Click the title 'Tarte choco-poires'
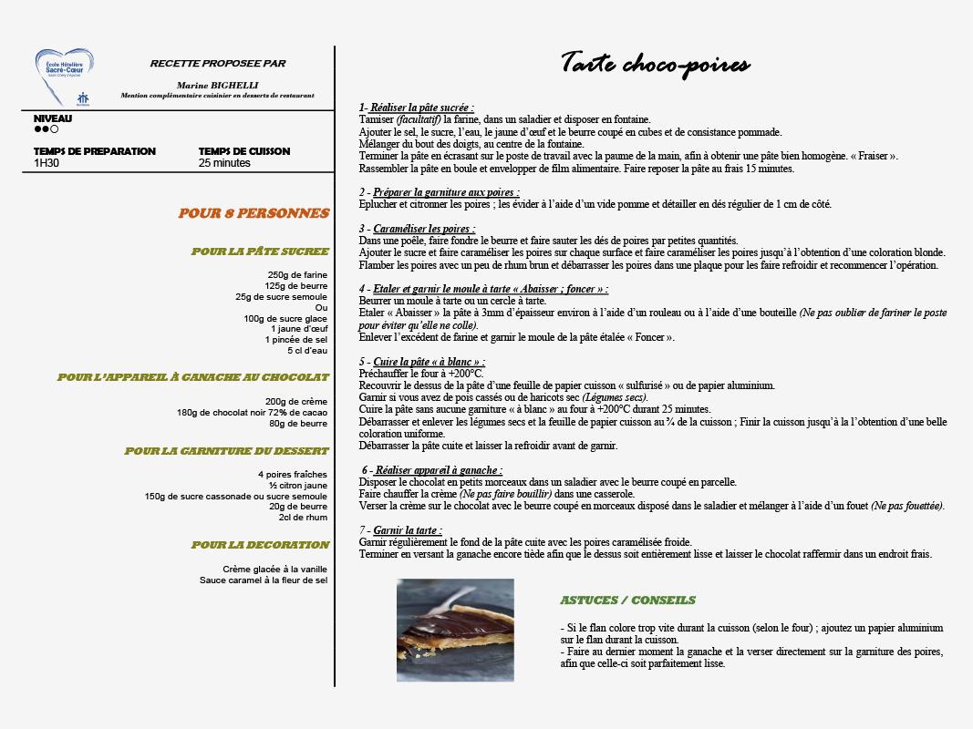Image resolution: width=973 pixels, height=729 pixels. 655,64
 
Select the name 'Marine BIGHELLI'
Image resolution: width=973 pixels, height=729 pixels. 217,84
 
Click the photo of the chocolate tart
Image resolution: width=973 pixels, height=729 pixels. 455,630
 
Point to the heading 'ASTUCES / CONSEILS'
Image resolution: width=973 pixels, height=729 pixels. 627,601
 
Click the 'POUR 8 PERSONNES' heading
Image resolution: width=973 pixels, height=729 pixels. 254,213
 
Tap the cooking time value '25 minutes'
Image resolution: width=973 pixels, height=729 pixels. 224,164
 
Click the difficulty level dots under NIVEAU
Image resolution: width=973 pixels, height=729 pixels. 47,129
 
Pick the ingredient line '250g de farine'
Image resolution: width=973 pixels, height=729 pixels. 297,275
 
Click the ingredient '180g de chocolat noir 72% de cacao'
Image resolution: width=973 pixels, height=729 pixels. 252,412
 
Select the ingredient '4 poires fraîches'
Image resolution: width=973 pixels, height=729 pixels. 292,474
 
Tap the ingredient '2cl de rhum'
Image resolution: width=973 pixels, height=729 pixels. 303,518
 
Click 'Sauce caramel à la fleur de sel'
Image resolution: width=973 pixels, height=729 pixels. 264,580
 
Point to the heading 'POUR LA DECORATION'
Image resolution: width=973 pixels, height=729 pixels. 260,545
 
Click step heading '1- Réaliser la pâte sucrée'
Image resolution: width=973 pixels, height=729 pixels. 416,107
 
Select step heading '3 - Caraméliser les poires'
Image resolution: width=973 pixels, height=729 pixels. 417,229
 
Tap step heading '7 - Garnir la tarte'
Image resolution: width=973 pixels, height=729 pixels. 400,530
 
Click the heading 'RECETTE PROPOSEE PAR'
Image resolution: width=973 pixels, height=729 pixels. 218,64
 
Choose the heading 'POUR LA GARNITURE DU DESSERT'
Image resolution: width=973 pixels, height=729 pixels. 227,451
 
